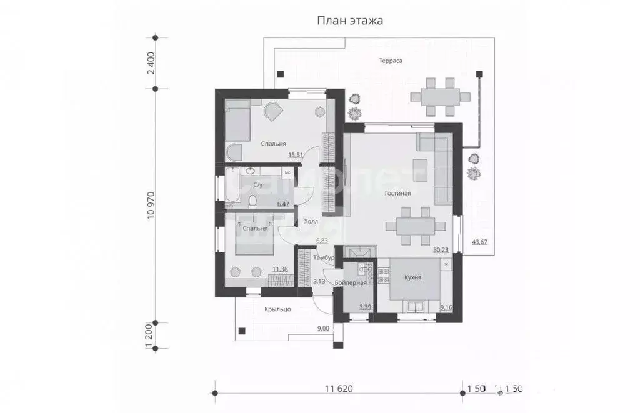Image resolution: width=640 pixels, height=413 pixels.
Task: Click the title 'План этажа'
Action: tap(350, 21)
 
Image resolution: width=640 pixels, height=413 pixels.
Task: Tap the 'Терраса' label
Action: tap(390, 61)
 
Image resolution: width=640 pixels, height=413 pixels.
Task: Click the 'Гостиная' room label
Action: tap(397, 193)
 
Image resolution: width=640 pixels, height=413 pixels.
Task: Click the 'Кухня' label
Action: tap(413, 277)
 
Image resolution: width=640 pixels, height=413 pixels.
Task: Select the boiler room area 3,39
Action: tap(366, 307)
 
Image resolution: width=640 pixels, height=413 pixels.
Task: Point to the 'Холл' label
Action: tap(311, 222)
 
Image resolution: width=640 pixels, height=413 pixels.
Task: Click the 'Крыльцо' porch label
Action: tap(277, 309)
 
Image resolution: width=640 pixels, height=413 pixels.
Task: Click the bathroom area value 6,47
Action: tap(283, 204)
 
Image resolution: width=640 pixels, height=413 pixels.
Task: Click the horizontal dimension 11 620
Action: tap(339, 388)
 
